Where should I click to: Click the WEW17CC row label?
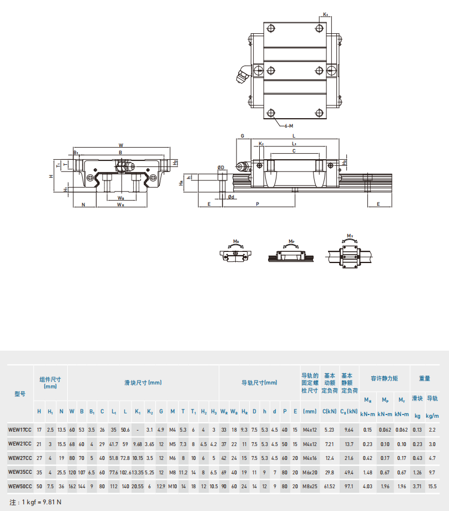click(20, 430)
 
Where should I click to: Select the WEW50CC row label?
click(20, 486)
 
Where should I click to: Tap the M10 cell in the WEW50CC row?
click(173, 486)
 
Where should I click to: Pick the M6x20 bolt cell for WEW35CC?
click(310, 472)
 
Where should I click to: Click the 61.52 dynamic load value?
click(329, 486)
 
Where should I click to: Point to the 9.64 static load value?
click(349, 430)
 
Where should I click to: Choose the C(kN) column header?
click(329, 411)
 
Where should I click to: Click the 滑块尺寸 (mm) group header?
click(143, 383)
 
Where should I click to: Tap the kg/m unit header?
click(432, 416)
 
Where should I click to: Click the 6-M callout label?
click(289, 126)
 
